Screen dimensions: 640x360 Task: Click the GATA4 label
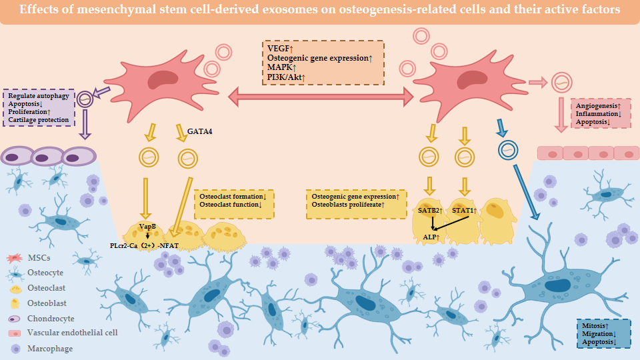point(199,131)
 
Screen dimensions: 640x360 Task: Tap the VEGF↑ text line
point(281,49)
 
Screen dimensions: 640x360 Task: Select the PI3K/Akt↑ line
point(286,77)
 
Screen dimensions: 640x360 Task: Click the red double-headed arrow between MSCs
point(321,97)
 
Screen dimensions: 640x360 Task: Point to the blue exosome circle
point(508,150)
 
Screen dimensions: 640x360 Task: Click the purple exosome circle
point(85,99)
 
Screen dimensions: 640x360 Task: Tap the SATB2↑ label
point(430,211)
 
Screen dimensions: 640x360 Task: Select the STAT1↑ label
point(465,211)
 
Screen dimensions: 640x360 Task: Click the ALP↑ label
point(431,237)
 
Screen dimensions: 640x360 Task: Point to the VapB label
point(147,227)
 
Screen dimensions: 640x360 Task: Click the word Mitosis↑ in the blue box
point(595,326)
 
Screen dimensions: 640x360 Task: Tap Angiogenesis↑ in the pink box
point(599,106)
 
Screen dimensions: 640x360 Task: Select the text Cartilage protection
point(39,119)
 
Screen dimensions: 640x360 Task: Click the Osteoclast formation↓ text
point(233,196)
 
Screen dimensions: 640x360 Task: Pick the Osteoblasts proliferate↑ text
point(348,205)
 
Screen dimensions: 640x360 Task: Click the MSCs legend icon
point(15,258)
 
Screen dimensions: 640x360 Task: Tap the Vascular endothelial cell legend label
point(72,333)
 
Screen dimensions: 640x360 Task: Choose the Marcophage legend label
point(50,349)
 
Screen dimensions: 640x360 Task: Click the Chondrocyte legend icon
point(15,319)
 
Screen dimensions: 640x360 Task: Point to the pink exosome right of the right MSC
point(561,83)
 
